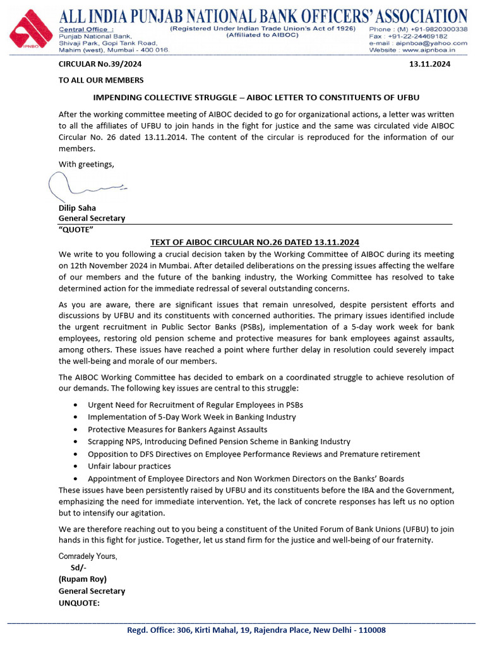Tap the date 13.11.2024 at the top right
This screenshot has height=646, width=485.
430,64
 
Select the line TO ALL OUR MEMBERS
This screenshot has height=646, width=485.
101,80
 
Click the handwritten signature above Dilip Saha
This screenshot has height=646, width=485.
85,185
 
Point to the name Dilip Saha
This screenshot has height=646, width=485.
78,208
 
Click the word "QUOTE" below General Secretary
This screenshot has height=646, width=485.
76,229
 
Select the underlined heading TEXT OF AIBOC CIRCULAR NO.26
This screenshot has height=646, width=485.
254,242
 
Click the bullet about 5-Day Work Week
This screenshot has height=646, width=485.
191,417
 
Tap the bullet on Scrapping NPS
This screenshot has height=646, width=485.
219,442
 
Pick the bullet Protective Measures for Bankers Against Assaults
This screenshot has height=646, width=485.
177,429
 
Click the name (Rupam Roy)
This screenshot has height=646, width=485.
83,579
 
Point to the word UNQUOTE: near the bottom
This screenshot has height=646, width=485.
79,603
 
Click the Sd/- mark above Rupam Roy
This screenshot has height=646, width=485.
79,567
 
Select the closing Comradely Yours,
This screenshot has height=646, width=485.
88,556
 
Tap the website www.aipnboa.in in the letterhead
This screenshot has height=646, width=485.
436,50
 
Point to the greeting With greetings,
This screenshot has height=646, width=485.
87,165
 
